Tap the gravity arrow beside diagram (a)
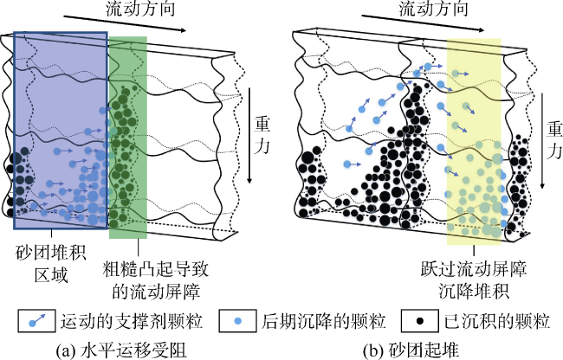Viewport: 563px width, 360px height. tap(249, 134)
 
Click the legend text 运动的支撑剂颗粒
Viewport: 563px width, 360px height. tap(131, 321)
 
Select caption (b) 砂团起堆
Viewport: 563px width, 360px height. tap(419, 348)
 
